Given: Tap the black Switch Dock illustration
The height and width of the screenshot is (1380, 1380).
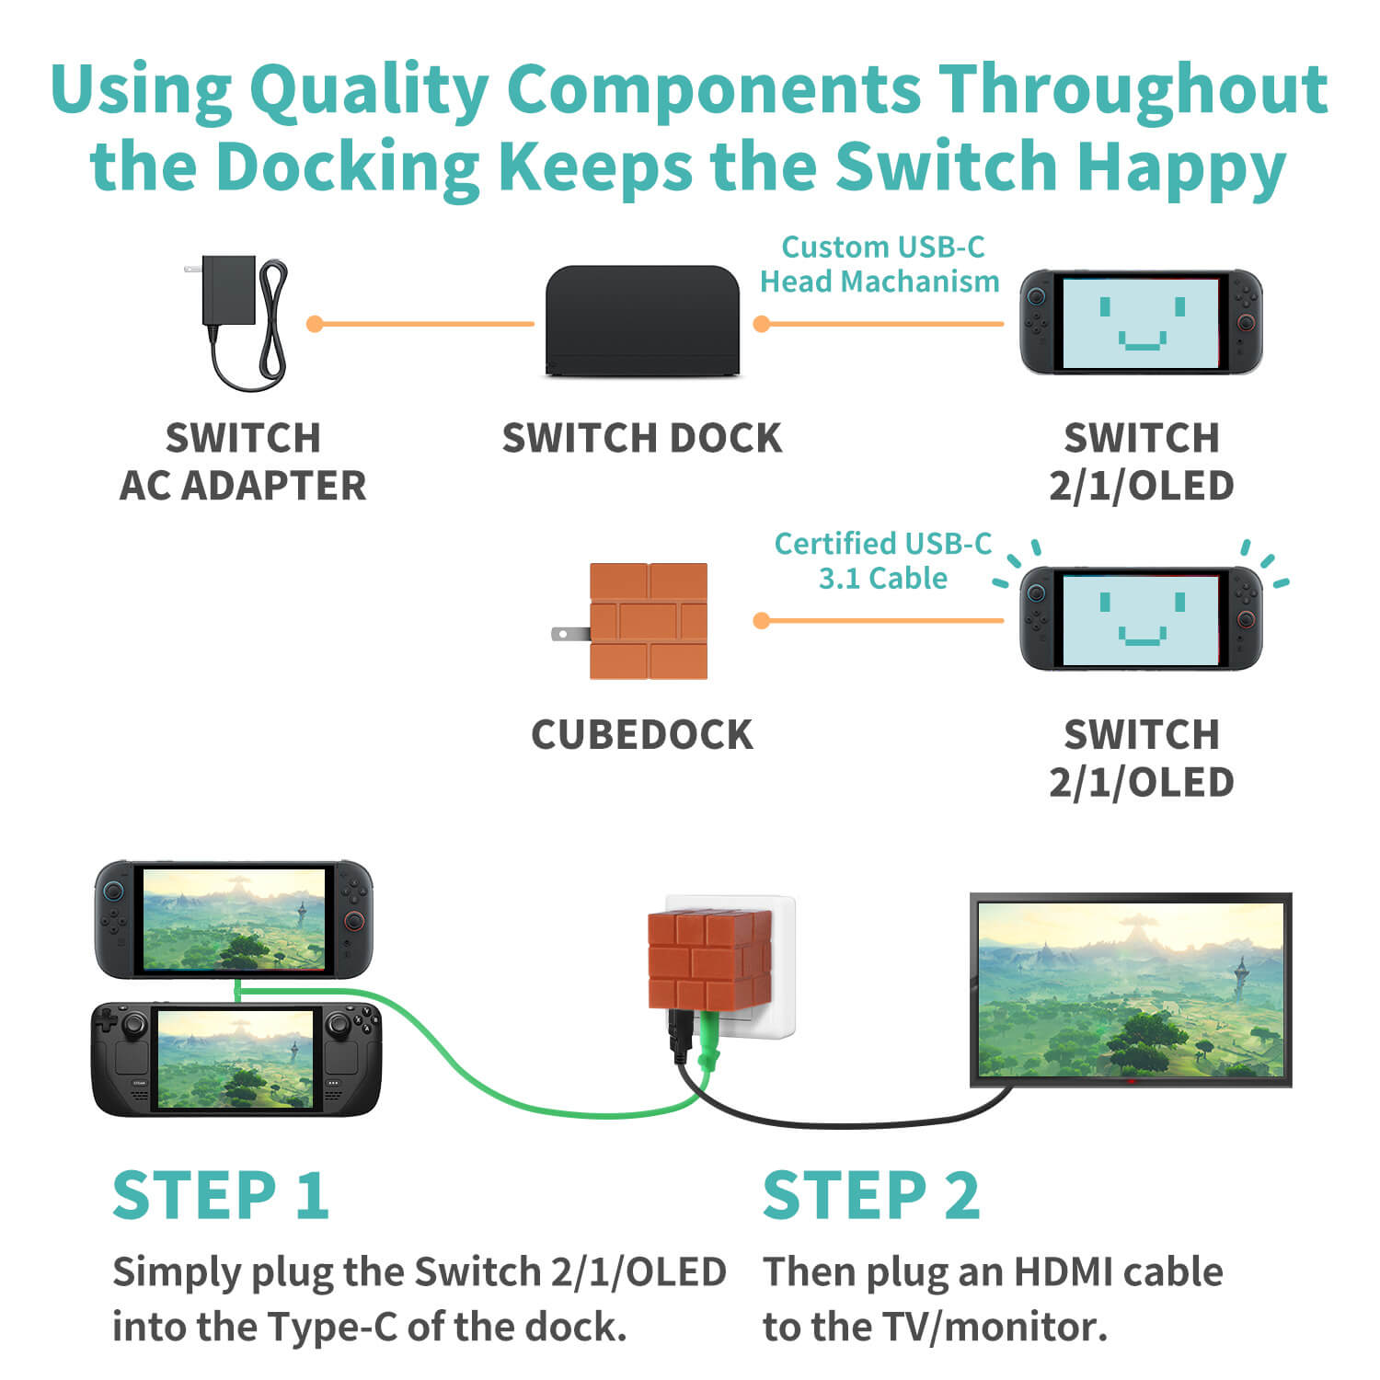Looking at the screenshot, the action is (x=642, y=320).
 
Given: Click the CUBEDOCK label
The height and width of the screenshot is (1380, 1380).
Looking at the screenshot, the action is (x=642, y=735).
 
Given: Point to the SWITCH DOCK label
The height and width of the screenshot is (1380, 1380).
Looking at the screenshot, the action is (x=642, y=438).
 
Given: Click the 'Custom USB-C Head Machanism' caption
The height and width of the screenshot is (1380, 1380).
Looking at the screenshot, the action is (x=880, y=264).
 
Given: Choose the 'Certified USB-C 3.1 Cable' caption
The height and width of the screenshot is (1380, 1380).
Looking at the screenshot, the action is (x=883, y=560).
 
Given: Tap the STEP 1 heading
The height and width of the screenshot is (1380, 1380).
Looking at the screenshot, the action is (x=220, y=1195).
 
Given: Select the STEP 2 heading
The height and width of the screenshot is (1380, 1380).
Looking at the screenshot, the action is (x=871, y=1195).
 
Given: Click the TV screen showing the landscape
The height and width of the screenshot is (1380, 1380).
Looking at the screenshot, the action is (x=1132, y=989).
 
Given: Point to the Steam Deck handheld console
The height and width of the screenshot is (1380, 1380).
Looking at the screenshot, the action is (x=236, y=1059).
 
